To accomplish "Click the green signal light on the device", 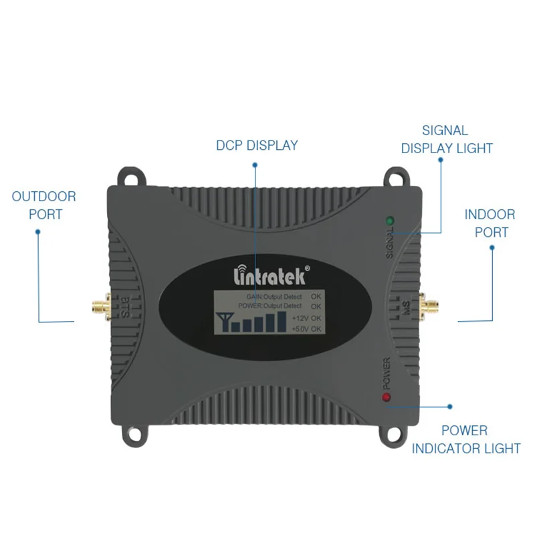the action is pos(389,221).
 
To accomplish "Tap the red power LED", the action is pos(387,399).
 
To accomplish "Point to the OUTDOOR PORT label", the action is pos(44,205).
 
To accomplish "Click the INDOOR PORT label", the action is pos(490,223).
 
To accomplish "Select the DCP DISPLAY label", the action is pos(257,145).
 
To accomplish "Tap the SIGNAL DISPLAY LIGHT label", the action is pos(447,140).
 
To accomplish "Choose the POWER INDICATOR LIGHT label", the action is pos(465,439).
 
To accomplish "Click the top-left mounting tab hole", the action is pos(130,177).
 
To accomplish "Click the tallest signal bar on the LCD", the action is pos(271,322).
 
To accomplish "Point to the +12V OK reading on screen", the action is pos(307,318).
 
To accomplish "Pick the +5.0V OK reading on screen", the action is pos(307,329).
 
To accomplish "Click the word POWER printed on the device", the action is pos(386,374).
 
